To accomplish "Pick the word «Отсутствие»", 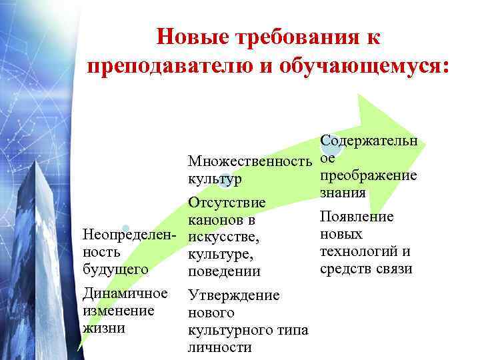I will (227, 202).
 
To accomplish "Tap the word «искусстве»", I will (223, 237).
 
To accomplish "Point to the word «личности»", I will (220, 347).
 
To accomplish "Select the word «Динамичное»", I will (124, 293).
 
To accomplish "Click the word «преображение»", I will (369, 176).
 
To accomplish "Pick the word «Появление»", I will (357, 217).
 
